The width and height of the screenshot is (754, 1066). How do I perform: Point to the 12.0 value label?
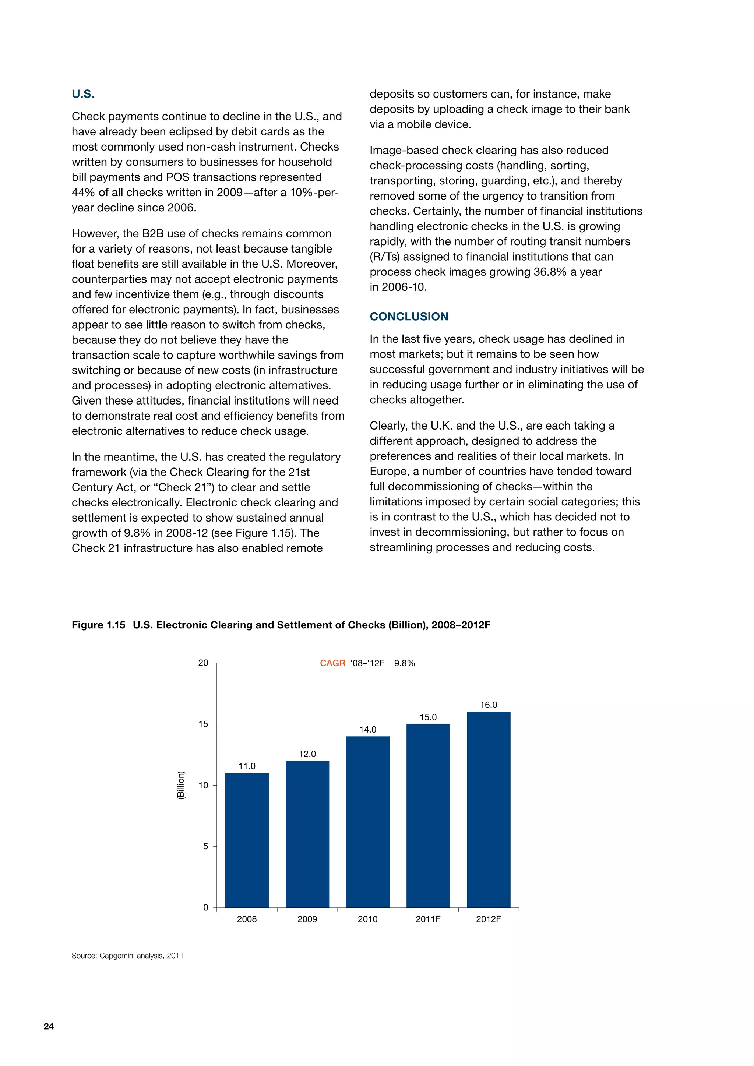pyautogui.click(x=307, y=754)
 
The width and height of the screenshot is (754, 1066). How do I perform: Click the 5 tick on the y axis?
pyautogui.click(x=206, y=846)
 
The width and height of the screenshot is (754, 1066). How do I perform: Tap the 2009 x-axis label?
pyautogui.click(x=307, y=919)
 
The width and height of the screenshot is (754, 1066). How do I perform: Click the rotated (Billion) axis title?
pyautogui.click(x=181, y=785)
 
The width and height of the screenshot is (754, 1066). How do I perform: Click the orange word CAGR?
pyautogui.click(x=332, y=663)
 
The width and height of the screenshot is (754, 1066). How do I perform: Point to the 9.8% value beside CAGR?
pyautogui.click(x=404, y=663)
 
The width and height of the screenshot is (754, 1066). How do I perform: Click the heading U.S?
pyautogui.click(x=83, y=94)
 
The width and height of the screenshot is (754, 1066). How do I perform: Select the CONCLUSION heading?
pyautogui.click(x=409, y=317)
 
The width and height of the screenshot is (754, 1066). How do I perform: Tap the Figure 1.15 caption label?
pyautogui.click(x=98, y=625)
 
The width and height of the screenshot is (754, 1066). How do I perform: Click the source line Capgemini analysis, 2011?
pyautogui.click(x=127, y=956)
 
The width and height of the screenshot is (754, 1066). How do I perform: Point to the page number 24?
pyautogui.click(x=49, y=1027)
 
